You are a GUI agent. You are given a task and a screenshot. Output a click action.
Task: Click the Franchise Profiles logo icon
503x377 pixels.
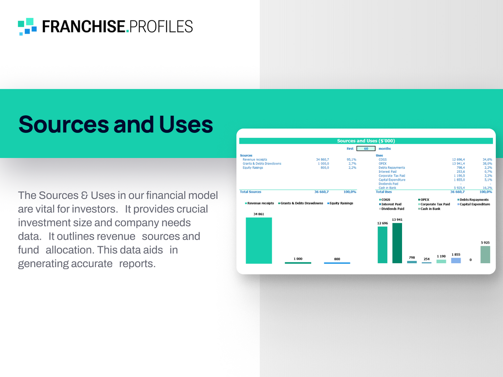27,26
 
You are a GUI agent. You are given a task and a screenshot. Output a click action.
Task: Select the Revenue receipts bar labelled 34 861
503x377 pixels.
259,240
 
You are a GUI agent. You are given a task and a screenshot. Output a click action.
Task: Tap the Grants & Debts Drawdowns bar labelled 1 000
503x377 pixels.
298,263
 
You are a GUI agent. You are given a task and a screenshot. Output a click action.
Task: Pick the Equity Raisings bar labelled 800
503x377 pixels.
337,263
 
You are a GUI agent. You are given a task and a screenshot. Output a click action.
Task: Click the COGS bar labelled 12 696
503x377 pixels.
382,245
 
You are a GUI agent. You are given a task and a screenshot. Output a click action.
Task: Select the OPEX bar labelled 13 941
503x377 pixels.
397,243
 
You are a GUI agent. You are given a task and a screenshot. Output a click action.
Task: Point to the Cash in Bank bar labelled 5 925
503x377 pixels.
485,254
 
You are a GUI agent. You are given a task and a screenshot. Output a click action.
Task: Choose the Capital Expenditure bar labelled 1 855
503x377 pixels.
456,260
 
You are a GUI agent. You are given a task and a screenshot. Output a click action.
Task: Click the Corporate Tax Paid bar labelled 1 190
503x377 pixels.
441,261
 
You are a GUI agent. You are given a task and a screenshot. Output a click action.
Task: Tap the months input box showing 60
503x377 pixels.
366,149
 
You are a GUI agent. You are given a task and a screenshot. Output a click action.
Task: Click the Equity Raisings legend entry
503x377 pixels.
341,203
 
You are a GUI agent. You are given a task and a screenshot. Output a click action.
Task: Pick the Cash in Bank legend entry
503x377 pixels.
430,209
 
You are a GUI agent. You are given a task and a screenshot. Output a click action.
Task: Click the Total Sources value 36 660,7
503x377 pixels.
321,192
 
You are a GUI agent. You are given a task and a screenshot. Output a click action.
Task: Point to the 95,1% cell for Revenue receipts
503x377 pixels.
351,159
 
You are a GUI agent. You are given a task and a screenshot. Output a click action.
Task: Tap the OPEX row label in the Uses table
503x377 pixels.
382,164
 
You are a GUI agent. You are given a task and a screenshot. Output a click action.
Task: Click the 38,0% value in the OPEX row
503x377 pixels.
487,164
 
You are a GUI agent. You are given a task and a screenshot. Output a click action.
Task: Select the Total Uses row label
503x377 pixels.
384,192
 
